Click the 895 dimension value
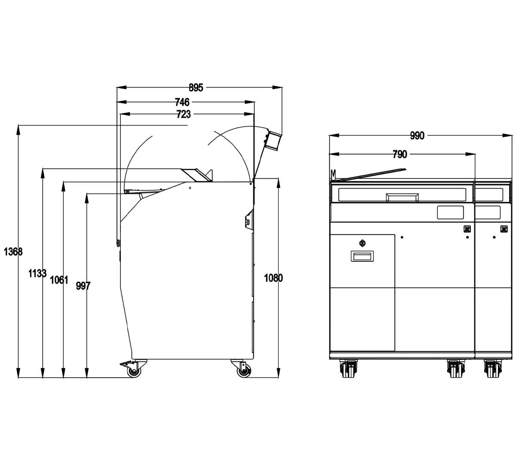tap(196, 88)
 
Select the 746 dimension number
tap(182, 102)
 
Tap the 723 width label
tap(184, 114)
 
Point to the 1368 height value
tap(13, 252)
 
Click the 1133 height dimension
tap(37, 273)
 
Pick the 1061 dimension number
tap(59, 280)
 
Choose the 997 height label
tap(83, 286)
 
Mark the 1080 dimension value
tap(273, 278)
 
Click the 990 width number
tap(417, 136)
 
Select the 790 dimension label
tap(400, 154)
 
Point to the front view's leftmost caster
tap(348, 368)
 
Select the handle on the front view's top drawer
tap(402, 198)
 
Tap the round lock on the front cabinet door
tap(362, 243)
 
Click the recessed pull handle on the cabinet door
tap(362, 256)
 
